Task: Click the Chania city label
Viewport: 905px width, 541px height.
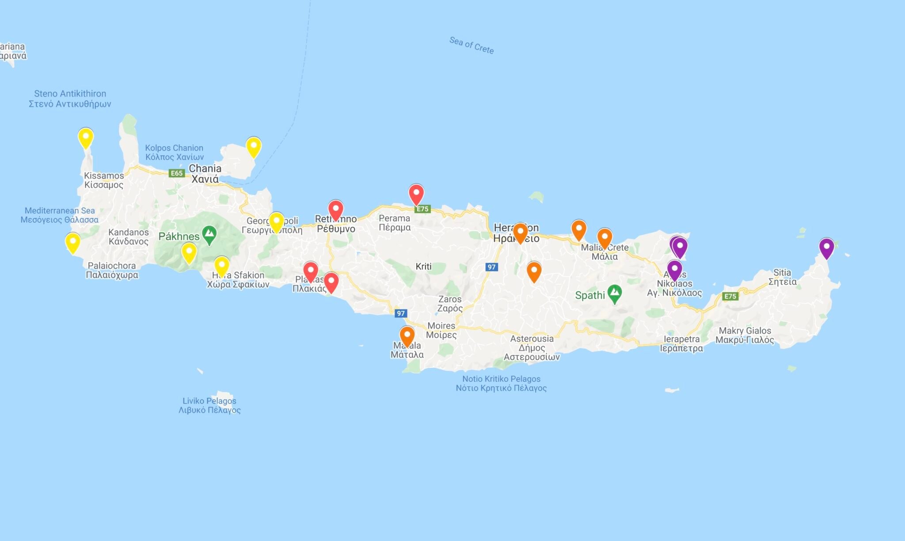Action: [x=205, y=173]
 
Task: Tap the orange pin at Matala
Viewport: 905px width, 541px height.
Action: [x=407, y=336]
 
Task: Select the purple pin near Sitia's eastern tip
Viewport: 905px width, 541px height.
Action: [x=826, y=248]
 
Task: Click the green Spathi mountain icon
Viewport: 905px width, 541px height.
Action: [x=614, y=293]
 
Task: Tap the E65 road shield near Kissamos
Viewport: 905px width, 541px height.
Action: [x=177, y=173]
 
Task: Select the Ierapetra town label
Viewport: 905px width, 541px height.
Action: [x=681, y=343]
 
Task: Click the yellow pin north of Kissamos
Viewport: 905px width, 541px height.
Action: [x=86, y=137]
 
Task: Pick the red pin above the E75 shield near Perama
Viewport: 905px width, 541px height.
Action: [x=416, y=194]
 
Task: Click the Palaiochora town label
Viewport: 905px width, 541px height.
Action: [x=112, y=270]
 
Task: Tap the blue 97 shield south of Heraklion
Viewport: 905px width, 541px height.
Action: [x=491, y=267]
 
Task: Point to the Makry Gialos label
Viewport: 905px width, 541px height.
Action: [x=745, y=335]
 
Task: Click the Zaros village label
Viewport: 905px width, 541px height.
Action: [x=450, y=304]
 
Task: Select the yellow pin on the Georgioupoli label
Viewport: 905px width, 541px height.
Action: [x=276, y=221]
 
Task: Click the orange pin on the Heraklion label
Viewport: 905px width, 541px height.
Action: [x=520, y=232]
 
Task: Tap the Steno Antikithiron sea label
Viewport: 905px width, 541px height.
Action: [x=70, y=99]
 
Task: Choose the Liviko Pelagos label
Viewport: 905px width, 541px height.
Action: [x=209, y=405]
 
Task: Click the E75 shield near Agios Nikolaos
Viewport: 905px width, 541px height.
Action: [x=730, y=296]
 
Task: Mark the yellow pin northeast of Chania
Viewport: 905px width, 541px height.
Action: [x=254, y=147]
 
